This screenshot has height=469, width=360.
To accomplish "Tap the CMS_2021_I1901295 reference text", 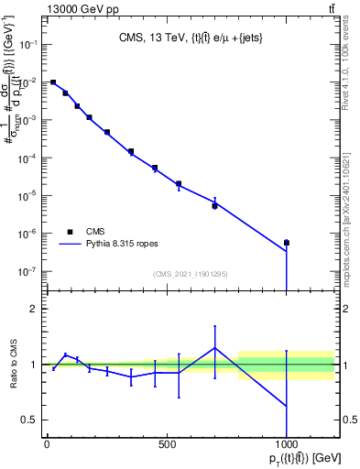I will pyautogui.click(x=190, y=274).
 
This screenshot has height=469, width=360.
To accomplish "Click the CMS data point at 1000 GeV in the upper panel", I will pyautogui.click(x=287, y=243).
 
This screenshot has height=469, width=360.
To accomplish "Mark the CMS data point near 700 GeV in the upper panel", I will pyautogui.click(x=214, y=206).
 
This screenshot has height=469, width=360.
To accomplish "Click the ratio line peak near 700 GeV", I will pyautogui.click(x=214, y=347).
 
